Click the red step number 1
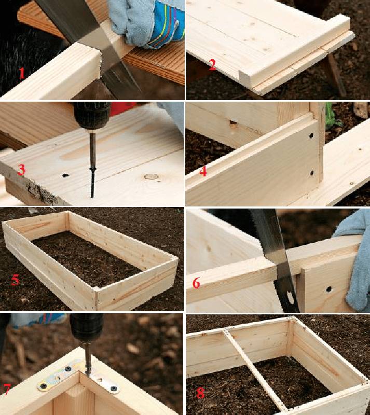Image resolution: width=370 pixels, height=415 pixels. (22, 73)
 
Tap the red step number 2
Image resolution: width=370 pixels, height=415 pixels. (212, 65)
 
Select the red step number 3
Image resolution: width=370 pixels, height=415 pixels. (21, 170)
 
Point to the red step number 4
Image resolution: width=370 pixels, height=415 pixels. (203, 171)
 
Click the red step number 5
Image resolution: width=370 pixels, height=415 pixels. (15, 280)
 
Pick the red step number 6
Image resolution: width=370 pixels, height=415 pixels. (196, 283)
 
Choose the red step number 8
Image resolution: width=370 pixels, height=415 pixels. (200, 393)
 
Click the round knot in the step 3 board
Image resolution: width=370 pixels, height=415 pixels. (151, 176)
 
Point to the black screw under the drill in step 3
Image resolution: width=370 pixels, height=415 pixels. (92, 183)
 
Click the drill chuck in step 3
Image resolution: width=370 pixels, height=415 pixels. (92, 116)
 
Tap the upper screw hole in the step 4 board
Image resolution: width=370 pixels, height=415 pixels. (311, 136)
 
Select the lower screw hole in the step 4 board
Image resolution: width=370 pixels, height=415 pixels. (311, 173)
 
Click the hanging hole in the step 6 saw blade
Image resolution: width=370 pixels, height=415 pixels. (290, 297)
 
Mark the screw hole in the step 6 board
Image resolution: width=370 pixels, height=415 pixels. (328, 289)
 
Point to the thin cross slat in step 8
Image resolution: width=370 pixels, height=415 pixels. (255, 369)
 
